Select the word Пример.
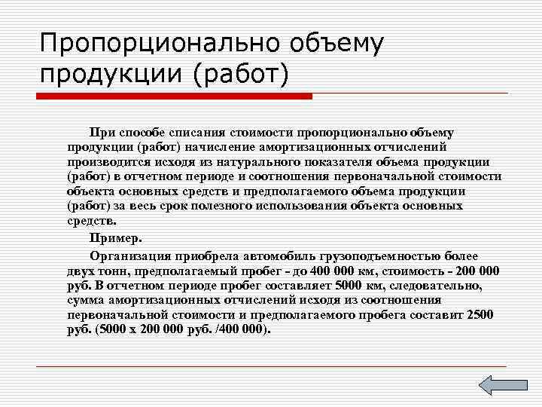coord(116,240)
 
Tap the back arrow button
coord(497,384)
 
